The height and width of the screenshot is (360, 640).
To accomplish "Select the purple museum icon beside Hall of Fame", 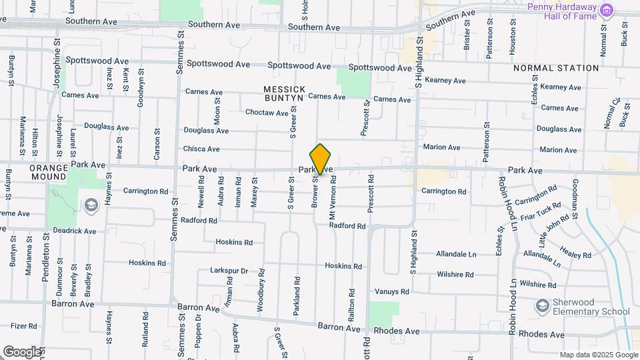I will [606, 10].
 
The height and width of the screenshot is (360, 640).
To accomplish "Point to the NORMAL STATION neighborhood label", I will [556, 68].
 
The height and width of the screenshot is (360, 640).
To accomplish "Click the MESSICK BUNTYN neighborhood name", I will [284, 93].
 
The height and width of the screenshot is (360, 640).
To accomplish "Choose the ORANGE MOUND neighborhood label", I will [49, 173].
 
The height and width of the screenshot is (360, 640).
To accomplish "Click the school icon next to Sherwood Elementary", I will [543, 306].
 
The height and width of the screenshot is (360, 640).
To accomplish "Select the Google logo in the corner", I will [21, 351].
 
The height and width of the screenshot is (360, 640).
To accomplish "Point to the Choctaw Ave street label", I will [267, 113].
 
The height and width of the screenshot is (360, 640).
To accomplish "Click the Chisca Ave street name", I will [201, 149].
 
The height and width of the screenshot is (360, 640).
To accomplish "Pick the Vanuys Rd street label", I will [391, 291].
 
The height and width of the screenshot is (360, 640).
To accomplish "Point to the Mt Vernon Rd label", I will [332, 198].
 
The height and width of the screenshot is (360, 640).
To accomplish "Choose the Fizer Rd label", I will [23, 326].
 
